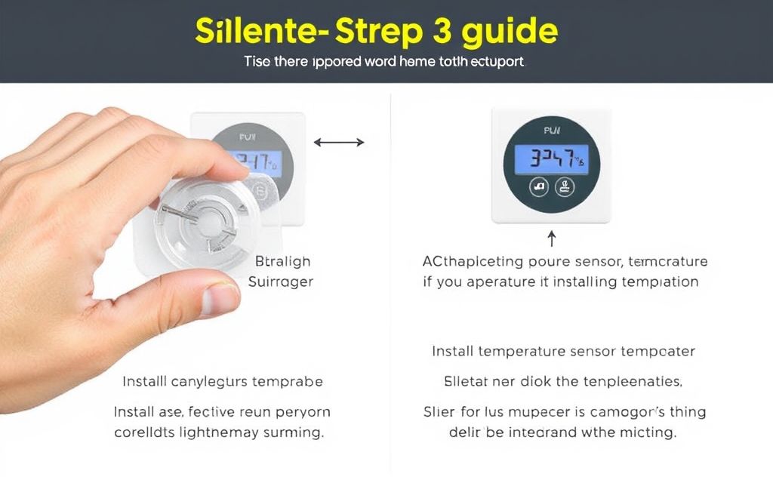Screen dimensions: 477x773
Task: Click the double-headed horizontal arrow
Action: pyautogui.click(x=339, y=142)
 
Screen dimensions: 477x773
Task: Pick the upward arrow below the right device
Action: pyautogui.click(x=552, y=240)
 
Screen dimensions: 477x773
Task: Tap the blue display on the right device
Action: pyautogui.click(x=550, y=158)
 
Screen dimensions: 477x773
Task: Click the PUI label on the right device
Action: pyautogui.click(x=552, y=131)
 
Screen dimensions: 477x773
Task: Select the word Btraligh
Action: pyautogui.click(x=282, y=261)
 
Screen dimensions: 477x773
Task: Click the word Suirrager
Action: pyautogui.click(x=281, y=282)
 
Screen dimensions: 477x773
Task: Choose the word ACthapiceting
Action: pyautogui.click(x=473, y=262)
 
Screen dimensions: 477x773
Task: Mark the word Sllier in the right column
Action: pyautogui.click(x=443, y=412)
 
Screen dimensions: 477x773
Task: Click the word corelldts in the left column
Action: pyautogui.click(x=146, y=433)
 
